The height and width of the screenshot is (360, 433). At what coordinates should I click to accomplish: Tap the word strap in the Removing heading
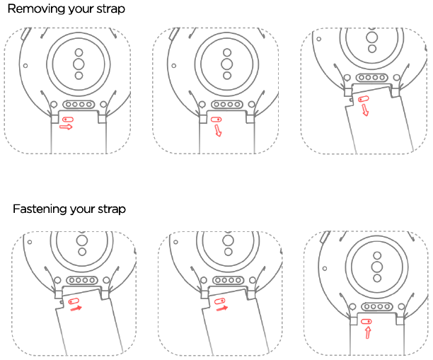111,9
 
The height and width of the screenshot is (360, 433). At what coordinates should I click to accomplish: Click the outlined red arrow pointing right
66,127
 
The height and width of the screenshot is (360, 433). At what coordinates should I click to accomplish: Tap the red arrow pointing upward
368,332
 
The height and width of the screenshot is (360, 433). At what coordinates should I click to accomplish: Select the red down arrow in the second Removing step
218,130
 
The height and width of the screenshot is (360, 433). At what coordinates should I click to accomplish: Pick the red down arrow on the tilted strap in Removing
365,110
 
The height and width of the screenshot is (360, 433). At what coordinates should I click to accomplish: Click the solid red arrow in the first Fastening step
76,308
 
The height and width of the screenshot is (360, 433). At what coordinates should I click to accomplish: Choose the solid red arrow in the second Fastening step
222,308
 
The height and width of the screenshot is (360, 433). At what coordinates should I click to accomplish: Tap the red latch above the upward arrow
366,322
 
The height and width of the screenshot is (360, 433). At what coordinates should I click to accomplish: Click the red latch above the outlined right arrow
68,120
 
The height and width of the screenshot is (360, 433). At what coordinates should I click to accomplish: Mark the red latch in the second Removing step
216,120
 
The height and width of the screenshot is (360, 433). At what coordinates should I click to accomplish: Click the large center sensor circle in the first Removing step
79,64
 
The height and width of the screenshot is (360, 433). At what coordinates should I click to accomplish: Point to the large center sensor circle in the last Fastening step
377,267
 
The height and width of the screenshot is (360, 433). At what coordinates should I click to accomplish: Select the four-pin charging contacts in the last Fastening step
377,306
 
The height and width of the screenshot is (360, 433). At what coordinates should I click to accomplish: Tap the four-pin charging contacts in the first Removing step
79,105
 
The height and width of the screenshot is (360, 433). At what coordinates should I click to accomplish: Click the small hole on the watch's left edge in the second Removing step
174,66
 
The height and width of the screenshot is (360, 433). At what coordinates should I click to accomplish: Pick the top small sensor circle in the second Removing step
227,52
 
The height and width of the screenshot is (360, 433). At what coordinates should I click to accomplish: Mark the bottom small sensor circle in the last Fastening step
377,278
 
